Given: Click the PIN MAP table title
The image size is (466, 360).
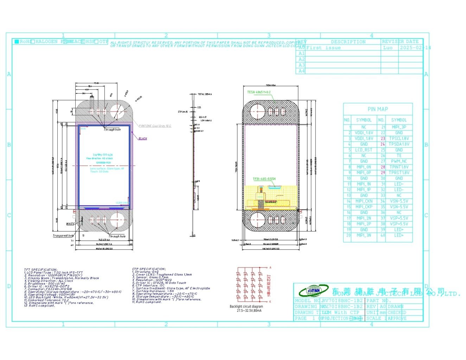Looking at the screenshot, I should (x=378, y=109).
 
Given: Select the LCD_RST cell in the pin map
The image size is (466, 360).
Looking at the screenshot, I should (x=364, y=150).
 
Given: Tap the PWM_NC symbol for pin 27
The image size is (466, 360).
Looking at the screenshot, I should (x=399, y=161).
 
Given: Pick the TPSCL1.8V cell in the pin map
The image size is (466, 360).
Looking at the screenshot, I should (x=399, y=139).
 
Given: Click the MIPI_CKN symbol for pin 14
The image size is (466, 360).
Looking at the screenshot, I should (x=364, y=201).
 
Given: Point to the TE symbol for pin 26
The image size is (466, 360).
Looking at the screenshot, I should (x=399, y=155).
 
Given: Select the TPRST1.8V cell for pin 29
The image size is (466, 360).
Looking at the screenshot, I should (x=399, y=173).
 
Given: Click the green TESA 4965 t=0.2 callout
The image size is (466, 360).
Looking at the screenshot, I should (x=259, y=92).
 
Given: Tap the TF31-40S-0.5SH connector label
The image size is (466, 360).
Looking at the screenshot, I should (x=264, y=179).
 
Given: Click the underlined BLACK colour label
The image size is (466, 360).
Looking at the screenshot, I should (x=143, y=139).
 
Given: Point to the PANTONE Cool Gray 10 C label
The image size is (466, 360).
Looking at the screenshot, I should (x=155, y=126).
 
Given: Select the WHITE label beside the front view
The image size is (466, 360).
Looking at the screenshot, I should (x=70, y=224).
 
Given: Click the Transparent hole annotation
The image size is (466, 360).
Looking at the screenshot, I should (x=63, y=236).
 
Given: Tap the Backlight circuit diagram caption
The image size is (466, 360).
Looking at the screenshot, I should (x=246, y=307).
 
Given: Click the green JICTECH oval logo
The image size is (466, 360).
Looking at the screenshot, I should (x=313, y=290).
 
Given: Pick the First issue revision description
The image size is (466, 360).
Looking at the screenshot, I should (x=323, y=47).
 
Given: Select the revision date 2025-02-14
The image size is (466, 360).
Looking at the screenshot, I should (x=414, y=47).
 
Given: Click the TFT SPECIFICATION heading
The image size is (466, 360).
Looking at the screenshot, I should (x=40, y=270).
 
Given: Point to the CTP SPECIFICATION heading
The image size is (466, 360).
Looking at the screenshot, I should (x=149, y=269).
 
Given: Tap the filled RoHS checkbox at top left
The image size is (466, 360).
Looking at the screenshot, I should (x=17, y=41).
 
